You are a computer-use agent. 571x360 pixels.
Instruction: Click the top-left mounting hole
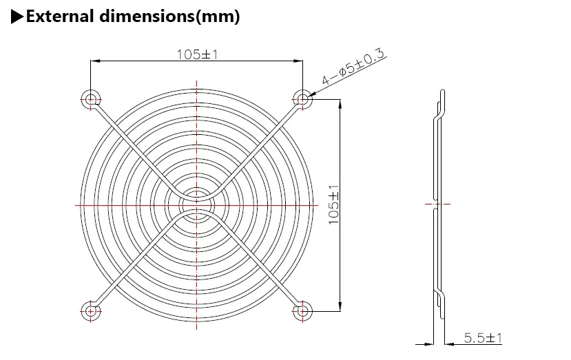(90, 99)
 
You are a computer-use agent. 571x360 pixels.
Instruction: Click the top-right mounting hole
(302, 99)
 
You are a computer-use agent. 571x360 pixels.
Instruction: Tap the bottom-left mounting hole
(90, 310)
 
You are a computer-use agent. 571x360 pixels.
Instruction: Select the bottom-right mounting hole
(302, 310)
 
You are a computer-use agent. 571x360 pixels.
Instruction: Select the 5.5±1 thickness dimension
(483, 338)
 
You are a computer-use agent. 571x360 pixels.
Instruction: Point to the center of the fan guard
(196, 205)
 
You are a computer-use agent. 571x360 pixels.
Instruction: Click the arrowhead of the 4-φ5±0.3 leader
(311, 94)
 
